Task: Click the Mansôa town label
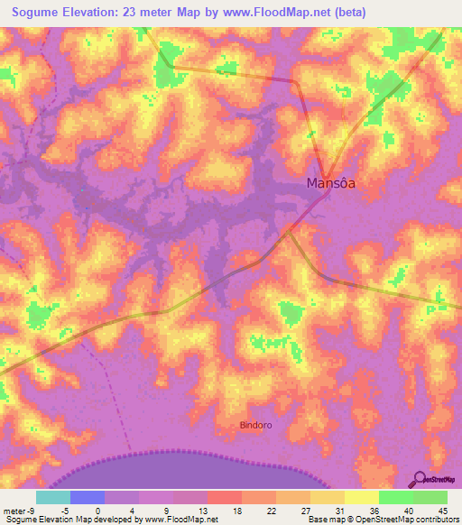(330, 183)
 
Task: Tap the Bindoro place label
(257, 424)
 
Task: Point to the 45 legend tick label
(442, 510)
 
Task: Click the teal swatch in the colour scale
(53, 497)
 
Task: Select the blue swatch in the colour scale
(88, 497)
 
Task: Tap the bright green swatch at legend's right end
(430, 497)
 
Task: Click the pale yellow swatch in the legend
(362, 497)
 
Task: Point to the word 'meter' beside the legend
(13, 510)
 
